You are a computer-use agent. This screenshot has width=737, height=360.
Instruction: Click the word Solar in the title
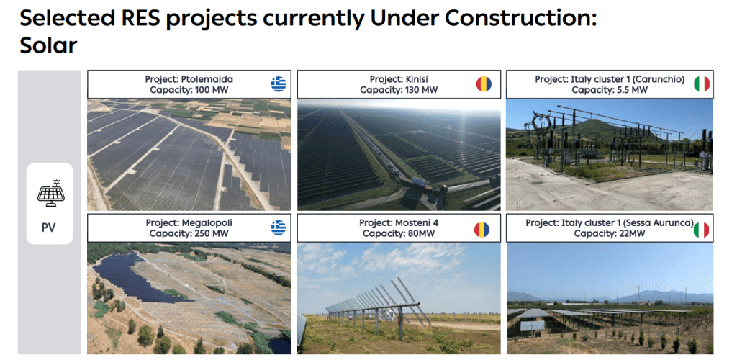coord(48,45)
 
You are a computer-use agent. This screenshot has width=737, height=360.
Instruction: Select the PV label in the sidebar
coord(48,228)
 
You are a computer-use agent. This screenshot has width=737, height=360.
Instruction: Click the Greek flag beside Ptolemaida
coord(279,84)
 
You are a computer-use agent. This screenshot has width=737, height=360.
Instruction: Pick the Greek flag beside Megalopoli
coord(279,228)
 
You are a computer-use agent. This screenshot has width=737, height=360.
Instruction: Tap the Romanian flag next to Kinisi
coord(484,84)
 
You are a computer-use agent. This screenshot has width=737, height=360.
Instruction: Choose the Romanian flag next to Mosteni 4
coord(481,230)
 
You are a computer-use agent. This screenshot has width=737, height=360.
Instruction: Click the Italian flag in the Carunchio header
coord(702,84)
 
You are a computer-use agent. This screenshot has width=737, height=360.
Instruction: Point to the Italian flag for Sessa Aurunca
coord(701,230)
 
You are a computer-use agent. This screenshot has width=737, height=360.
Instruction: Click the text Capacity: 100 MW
coord(189,90)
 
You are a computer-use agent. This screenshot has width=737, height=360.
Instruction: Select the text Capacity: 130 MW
coord(399,90)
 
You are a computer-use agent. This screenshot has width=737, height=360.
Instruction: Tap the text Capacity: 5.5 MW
coord(610,90)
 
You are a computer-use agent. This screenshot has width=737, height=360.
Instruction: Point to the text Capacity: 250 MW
coord(189,233)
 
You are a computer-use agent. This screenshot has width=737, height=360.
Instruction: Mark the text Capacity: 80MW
coord(399,233)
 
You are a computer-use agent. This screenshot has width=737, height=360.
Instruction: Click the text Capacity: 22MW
coord(610,233)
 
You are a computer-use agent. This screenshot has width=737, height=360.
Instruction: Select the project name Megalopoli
coord(207,222)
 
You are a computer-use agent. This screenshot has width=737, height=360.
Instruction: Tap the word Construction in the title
coord(520,18)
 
